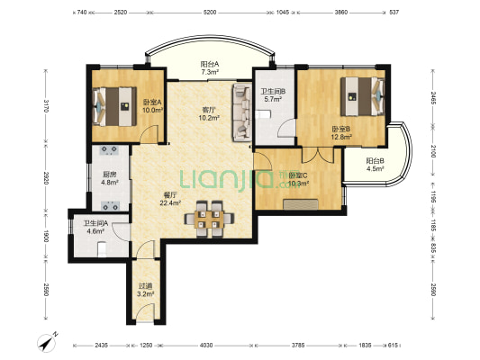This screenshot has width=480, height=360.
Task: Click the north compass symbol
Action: tap(48, 342)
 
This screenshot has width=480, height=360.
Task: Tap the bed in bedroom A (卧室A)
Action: tap(114, 106)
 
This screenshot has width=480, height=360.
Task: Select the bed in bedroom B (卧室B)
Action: tap(362, 96)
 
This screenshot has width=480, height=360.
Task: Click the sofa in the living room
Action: tap(242, 112)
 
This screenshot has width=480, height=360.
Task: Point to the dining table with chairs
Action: tap(209, 219)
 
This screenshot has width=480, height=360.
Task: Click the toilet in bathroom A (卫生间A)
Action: tap(102, 249)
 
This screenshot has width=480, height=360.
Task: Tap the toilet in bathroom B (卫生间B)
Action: tap(263, 114)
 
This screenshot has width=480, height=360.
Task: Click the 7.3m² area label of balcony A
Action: tap(210, 73)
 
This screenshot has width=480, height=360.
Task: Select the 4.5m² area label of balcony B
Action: tap(376, 168)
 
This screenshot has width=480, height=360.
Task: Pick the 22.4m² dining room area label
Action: tap(170, 202)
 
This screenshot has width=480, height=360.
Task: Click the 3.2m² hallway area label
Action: tap(145, 294)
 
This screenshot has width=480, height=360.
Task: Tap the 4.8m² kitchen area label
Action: tap(110, 183)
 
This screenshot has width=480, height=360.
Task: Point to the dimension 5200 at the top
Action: tap(210, 13)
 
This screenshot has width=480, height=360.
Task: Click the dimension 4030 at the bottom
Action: tap(206, 346)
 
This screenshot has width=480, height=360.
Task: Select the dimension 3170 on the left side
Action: tap(46, 106)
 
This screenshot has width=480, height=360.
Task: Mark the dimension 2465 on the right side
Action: tap(433, 98)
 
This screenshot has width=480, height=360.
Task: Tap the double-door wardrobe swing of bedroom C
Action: tap(318, 156)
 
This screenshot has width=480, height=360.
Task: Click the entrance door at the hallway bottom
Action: tap(145, 312)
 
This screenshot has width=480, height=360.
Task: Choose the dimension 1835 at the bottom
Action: tap(365, 346)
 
